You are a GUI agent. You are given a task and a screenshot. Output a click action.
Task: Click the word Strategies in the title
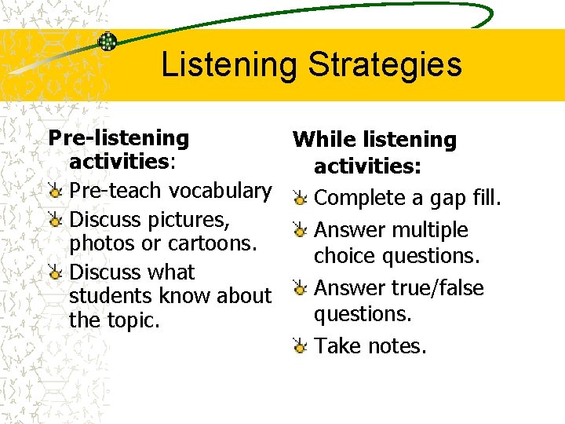(x=384, y=65)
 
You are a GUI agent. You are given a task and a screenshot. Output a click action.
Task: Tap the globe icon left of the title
(x=107, y=42)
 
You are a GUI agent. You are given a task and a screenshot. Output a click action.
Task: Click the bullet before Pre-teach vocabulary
(x=56, y=192)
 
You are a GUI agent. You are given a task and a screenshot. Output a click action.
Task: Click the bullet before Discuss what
(x=56, y=272)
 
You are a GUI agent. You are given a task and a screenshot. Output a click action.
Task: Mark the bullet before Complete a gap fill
(x=300, y=199)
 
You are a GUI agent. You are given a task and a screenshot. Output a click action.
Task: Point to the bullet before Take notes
(x=300, y=345)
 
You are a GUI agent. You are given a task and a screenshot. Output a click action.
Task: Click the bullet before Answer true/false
(x=300, y=288)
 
